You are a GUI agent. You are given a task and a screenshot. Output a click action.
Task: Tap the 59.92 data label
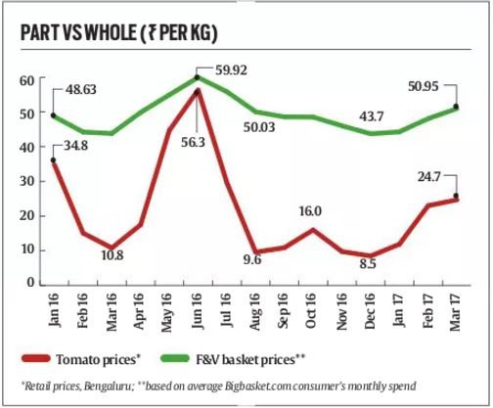[x=227, y=69]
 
